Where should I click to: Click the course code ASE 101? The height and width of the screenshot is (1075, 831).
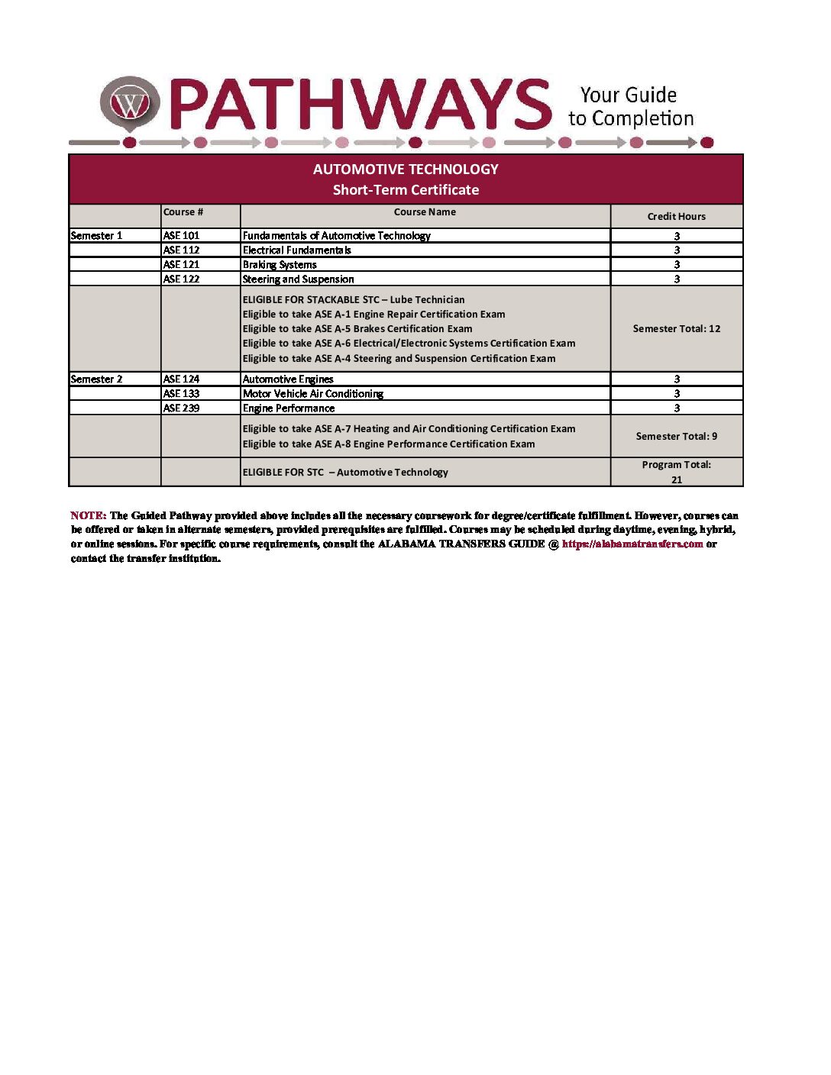pos(181,236)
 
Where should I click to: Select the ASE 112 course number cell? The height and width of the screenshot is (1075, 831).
pos(181,250)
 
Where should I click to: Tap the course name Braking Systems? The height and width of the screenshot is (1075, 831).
pos(280,265)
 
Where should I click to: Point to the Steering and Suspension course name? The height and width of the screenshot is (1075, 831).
pos(298,279)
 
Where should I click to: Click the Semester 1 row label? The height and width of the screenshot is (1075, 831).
pos(96,236)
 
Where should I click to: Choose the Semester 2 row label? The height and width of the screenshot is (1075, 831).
pos(96,379)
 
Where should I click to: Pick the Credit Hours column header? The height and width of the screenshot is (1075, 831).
pos(676,217)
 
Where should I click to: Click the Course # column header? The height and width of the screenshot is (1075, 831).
pos(183,212)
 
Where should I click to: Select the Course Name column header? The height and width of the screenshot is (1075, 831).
pos(425,212)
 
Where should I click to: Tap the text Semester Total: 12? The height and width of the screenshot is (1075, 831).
pos(676,329)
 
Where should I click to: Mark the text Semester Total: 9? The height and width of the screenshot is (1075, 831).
pos(676,437)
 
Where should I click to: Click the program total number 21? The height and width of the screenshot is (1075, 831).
pos(676,480)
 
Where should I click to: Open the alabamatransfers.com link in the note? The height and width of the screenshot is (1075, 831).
pos(632,544)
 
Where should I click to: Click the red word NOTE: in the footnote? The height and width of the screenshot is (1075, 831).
pos(88,516)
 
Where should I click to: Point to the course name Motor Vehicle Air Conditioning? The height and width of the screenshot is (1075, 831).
pos(313,394)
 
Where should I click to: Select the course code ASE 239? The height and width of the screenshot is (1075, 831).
pos(181,408)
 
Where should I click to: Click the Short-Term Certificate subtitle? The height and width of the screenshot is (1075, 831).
pos(406,190)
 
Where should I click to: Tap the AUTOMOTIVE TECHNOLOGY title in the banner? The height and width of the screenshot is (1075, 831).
pos(406,169)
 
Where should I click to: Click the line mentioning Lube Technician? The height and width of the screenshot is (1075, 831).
pos(354,300)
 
